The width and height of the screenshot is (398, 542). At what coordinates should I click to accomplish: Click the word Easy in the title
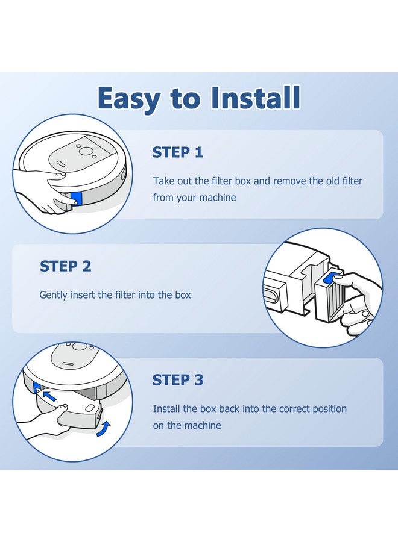128,99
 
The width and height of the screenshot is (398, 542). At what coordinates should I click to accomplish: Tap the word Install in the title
256,97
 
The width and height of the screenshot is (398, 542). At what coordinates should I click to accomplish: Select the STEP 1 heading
177,152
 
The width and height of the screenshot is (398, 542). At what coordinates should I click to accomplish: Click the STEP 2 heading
65,266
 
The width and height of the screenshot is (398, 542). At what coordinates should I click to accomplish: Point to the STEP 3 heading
178,380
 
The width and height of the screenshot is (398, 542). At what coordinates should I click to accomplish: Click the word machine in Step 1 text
218,198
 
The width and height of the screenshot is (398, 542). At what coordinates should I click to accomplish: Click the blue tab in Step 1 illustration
76,199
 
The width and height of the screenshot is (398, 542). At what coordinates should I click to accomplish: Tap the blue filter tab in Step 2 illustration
332,277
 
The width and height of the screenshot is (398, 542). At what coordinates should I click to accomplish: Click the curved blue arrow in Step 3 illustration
104,429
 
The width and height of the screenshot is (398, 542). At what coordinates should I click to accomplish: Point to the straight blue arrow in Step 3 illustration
49,396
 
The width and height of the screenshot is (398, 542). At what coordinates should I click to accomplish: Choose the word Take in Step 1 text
163,181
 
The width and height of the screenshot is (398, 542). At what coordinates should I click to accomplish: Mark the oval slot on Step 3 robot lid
68,364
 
